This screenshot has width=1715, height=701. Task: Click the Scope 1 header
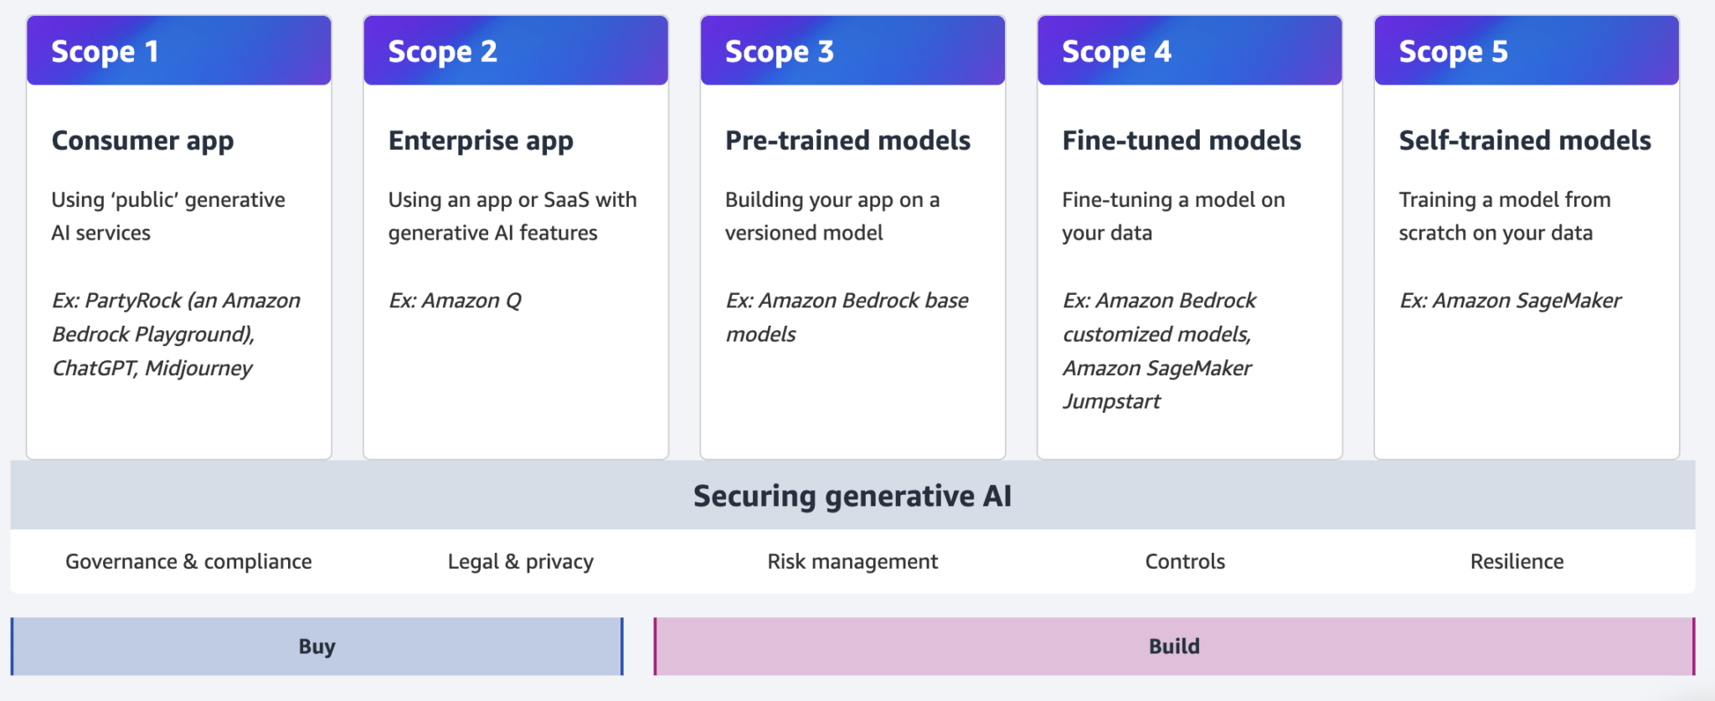point(179,51)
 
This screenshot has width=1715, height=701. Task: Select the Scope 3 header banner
point(852,51)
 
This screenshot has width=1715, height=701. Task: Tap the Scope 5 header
point(1527,51)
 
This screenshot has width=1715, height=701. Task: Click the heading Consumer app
point(142,141)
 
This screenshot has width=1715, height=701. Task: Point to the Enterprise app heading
point(481,141)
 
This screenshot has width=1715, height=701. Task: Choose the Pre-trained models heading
point(847,141)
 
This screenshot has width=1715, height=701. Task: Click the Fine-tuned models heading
point(1182,141)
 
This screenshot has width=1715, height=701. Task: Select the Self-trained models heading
point(1525,141)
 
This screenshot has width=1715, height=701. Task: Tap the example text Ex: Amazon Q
point(455,301)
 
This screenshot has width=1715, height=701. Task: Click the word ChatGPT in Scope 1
point(94,369)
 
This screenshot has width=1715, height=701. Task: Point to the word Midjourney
point(199,369)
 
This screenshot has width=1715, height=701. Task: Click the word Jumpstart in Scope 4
point(1111,402)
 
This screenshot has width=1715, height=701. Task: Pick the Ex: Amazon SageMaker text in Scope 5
point(1510,301)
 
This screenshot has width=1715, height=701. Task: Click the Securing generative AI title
point(852,497)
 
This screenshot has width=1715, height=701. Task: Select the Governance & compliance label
point(188,562)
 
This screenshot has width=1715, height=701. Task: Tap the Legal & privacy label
point(521,562)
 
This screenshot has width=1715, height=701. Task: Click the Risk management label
point(852,562)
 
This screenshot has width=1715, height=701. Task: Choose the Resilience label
point(1517,562)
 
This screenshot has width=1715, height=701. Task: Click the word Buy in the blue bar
point(317,647)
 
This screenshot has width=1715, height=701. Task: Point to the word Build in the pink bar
point(1174,647)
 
